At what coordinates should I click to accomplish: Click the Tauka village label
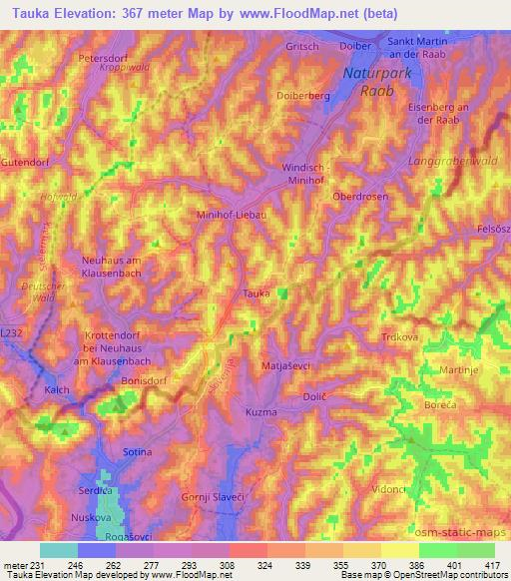pos(256,293)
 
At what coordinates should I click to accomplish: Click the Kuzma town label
pos(260,411)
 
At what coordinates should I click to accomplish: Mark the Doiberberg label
pos(302,96)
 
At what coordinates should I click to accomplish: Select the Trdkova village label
pos(397,337)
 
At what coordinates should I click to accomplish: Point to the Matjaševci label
pos(286,366)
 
